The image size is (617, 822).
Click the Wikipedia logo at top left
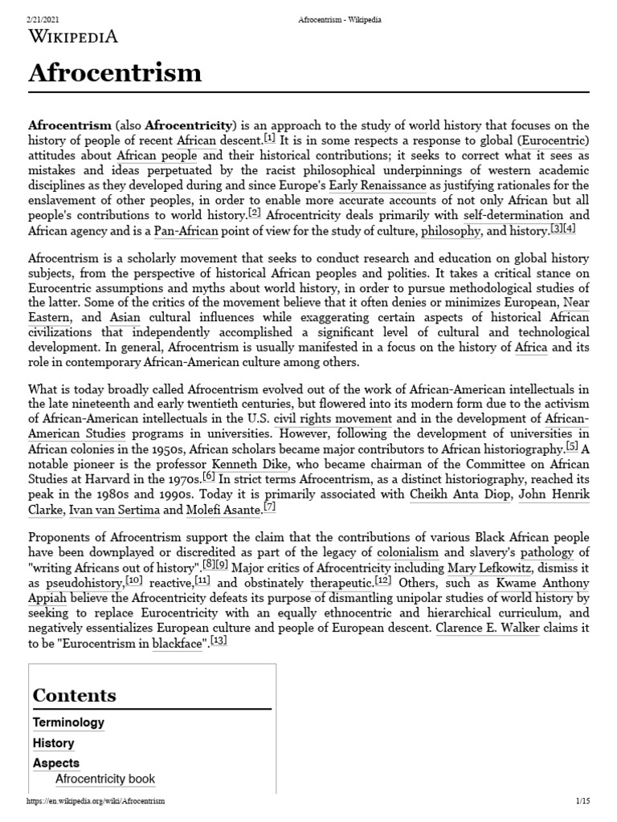click(73, 36)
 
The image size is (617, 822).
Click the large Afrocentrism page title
click(115, 73)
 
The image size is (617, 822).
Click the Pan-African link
click(186, 230)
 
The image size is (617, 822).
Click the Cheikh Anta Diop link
click(459, 494)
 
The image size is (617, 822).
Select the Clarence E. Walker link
click(487, 628)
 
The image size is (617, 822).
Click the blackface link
click(177, 643)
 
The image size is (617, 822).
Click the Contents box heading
click(74, 695)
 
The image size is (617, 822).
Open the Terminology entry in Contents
click(68, 722)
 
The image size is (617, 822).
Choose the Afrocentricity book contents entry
click(105, 779)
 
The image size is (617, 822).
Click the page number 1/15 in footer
click(582, 802)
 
